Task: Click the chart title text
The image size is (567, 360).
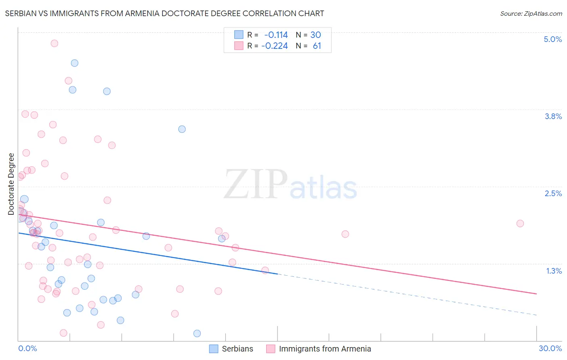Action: point(165,13)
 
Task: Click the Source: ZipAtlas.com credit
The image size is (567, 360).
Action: point(531,14)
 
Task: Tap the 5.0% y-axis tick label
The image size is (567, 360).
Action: point(552,39)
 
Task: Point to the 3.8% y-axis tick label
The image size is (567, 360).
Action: point(553,116)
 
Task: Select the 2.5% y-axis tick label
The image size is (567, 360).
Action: point(553,193)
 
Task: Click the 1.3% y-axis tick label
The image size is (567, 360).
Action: point(554,271)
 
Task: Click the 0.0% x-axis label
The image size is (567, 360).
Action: point(27,348)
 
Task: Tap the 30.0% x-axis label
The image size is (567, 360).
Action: point(550,348)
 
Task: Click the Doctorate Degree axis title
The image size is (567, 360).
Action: point(11,184)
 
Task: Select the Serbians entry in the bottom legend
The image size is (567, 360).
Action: point(237,349)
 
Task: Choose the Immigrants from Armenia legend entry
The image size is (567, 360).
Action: point(325,349)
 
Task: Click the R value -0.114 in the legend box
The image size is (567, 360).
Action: point(276,35)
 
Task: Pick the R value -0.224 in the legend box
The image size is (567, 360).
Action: point(275,46)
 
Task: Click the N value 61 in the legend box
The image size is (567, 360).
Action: point(317,46)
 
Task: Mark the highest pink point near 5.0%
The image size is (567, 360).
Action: point(54,43)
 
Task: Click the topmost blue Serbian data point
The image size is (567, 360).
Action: point(75,63)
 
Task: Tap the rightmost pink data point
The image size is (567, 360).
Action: point(520,224)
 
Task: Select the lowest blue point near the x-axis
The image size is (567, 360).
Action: point(197,333)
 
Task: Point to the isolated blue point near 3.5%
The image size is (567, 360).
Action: point(182,129)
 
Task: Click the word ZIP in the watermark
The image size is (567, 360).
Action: point(256,185)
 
